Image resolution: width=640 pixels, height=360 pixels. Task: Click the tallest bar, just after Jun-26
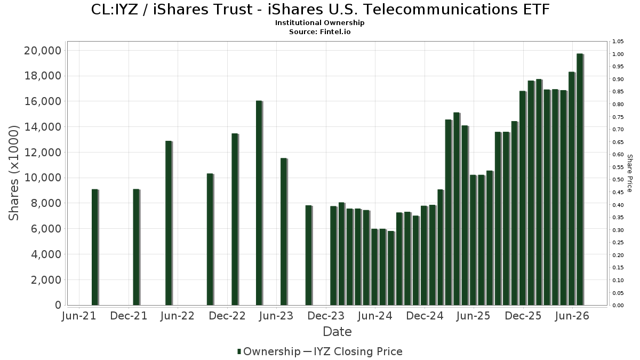pos(580,179)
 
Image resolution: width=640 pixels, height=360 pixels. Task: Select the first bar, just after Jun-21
pos(95,247)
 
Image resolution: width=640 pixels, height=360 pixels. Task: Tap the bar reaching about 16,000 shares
pos(259,203)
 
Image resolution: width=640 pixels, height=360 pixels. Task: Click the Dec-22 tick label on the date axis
pos(227,316)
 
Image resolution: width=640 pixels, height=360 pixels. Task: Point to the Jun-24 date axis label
pos(375,316)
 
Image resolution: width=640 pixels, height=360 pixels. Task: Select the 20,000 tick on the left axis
pos(43,51)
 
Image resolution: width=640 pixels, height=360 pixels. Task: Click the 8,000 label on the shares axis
pos(46,203)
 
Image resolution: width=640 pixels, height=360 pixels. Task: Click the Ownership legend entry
pos(269,351)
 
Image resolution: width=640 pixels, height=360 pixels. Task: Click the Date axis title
pos(337,332)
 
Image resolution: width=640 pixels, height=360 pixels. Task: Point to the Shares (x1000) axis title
pos(13,173)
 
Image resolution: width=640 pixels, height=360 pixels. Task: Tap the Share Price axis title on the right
pos(629,173)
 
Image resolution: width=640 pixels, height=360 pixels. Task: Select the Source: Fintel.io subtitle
pos(319,31)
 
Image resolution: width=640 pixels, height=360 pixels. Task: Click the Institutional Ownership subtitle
pos(319,23)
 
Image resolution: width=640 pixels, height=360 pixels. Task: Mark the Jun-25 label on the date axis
pos(474,316)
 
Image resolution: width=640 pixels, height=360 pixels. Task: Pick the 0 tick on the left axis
pos(58,305)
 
